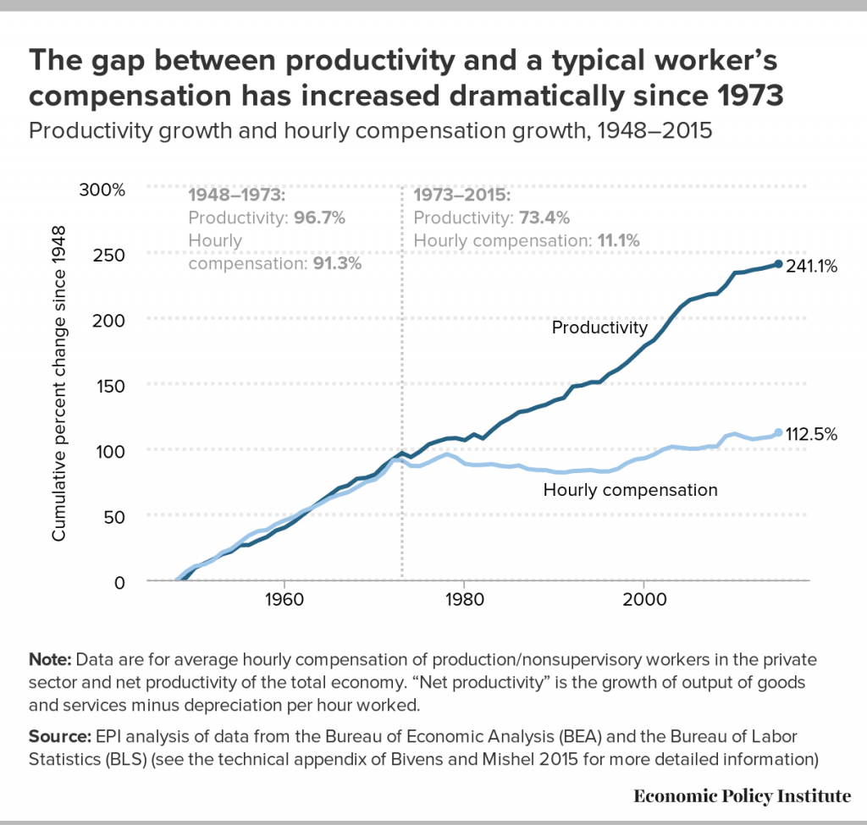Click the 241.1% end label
pyautogui.click(x=812, y=267)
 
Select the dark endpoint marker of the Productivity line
pyautogui.click(x=778, y=264)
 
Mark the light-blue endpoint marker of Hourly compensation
pyautogui.click(x=778, y=432)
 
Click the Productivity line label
pyautogui.click(x=599, y=327)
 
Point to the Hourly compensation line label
pyautogui.click(x=630, y=489)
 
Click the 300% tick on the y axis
pyautogui.click(x=102, y=188)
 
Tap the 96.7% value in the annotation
pyautogui.click(x=320, y=217)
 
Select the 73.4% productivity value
pyautogui.click(x=544, y=217)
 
